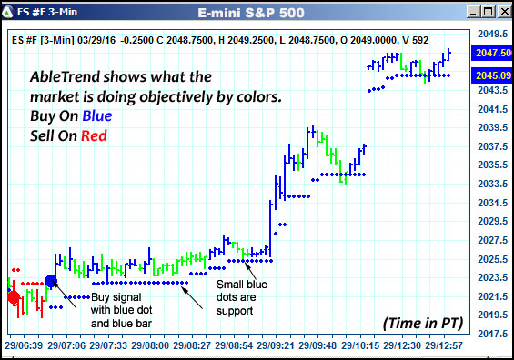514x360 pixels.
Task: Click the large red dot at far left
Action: click(13, 297)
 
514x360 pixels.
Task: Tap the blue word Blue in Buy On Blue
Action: click(97, 116)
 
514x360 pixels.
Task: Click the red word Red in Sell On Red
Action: click(95, 135)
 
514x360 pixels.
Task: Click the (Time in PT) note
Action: click(412, 323)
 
